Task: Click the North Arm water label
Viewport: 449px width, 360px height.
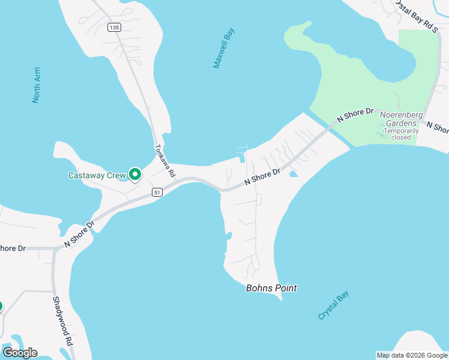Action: point(37,85)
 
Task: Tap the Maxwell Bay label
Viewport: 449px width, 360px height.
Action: point(224,47)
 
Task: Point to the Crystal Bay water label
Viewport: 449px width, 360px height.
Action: point(333,305)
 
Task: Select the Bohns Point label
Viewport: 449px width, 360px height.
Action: point(271,288)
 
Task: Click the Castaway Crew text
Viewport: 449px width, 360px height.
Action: point(97,176)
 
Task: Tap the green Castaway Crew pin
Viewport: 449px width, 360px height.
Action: point(135,174)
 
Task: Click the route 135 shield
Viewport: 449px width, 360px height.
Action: point(115,27)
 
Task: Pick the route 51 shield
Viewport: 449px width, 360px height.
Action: point(157,192)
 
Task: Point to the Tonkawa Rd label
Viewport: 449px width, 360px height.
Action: point(164,161)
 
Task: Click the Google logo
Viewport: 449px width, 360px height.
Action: point(20,352)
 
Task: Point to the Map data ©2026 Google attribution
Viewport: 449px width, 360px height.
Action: point(412,355)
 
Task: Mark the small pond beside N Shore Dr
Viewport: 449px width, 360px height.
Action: point(294,175)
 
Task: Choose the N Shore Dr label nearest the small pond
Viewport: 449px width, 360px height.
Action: point(262,176)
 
